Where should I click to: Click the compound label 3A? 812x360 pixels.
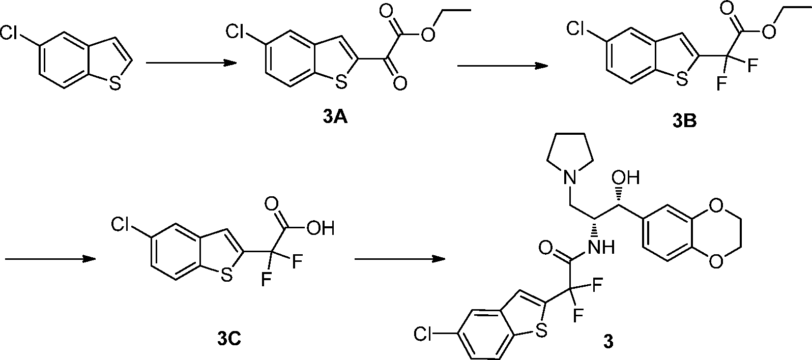[334, 118]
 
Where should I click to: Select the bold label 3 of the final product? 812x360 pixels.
[608, 342]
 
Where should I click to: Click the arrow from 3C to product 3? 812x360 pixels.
[399, 259]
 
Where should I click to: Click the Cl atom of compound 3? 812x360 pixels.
[425, 334]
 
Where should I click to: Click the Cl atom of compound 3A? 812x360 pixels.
[236, 33]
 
